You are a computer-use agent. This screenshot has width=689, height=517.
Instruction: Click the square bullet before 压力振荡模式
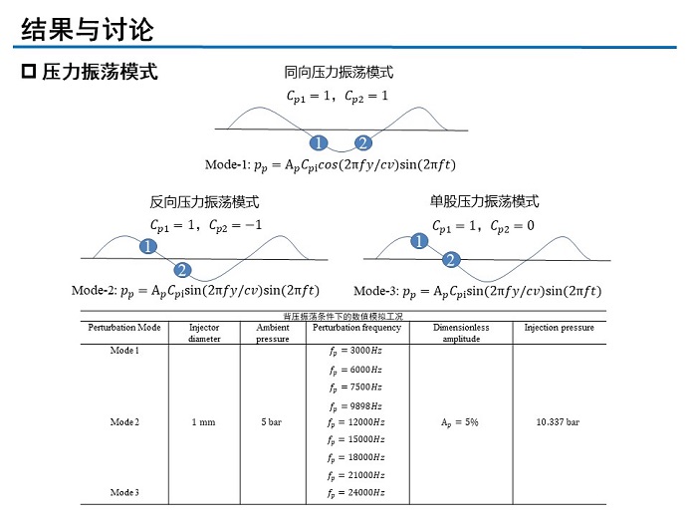tap(28, 73)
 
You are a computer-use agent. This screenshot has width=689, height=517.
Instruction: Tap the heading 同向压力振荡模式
tap(339, 72)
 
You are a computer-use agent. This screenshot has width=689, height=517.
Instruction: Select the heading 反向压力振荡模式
tap(204, 201)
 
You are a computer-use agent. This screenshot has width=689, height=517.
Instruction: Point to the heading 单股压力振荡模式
tap(484, 200)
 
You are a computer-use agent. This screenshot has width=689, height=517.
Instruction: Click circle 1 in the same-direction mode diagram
tap(319, 142)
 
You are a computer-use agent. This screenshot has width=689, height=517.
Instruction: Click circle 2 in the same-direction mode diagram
tap(363, 142)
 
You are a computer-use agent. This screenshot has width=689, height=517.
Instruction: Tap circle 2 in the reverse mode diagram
tap(182, 270)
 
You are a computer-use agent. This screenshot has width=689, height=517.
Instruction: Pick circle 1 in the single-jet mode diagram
tap(420, 241)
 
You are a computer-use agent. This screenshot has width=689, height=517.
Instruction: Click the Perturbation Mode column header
tap(124, 328)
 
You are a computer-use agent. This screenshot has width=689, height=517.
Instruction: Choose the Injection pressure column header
tap(559, 328)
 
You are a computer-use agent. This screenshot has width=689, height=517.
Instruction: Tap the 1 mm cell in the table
tap(203, 422)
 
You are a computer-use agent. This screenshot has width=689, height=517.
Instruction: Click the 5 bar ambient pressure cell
tap(271, 422)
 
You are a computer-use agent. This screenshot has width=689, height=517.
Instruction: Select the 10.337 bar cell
tap(558, 422)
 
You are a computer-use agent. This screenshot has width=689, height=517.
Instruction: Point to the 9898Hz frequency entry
tap(355, 405)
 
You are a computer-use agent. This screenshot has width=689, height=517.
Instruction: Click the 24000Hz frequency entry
tap(355, 493)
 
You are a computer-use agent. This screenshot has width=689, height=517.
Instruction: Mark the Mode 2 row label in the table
tap(124, 422)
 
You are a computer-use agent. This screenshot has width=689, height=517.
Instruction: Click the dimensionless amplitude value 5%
tap(459, 422)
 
